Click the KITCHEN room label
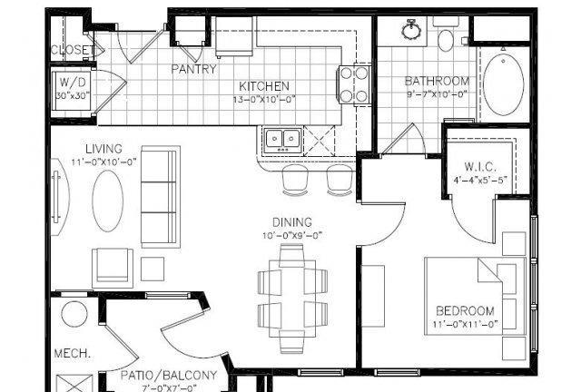pos(264,86)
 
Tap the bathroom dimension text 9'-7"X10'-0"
pos(437,94)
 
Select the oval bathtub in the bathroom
pos(504,84)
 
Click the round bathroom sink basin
pos(411,30)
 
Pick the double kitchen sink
pos(283,140)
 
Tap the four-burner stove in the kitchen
pos(353,85)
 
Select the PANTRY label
pos(193,69)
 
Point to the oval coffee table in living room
pos(107,201)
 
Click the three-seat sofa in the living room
pos(161,197)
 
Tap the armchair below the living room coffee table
pos(113,268)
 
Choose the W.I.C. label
pos(480,167)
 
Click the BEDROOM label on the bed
pos(465,310)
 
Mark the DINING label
pos(292,222)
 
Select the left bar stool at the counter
pos(295,180)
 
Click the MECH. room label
pos(73,353)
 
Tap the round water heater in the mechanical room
pos(74,314)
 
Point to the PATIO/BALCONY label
pos(169,376)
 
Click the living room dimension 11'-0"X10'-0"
pos(104,162)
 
